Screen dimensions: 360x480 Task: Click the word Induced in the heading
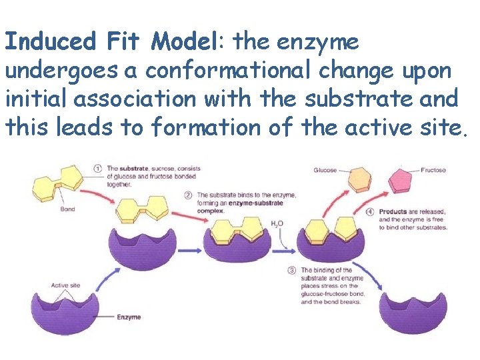tap(51, 42)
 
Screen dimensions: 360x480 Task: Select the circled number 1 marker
tap(97, 169)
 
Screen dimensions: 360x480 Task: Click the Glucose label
tap(325, 171)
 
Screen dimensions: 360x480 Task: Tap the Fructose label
tap(433, 171)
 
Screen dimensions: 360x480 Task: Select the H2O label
tap(276, 223)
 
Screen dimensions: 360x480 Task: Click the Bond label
tap(67, 209)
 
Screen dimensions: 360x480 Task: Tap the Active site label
tap(65, 285)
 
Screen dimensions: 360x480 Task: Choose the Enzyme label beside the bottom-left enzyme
tap(129, 317)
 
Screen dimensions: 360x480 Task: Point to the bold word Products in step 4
tap(393, 212)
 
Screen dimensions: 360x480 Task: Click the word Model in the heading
tap(183, 42)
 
